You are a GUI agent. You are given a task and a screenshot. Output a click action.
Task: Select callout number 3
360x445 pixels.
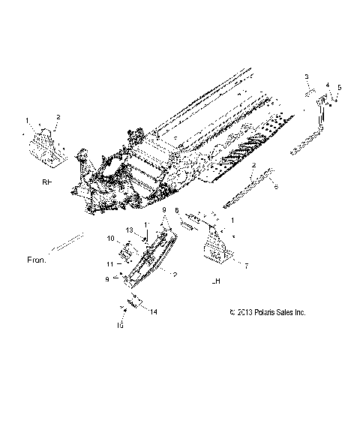tap(306, 77)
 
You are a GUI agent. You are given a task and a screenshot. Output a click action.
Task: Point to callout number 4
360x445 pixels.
tap(327, 85)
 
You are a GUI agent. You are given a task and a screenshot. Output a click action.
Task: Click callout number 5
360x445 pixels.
tap(339, 88)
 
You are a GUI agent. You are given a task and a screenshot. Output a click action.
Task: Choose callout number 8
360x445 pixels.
tap(177, 211)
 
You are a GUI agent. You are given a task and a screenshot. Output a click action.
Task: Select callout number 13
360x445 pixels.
tap(128, 230)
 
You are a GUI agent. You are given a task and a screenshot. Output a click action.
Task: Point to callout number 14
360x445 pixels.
tap(154, 310)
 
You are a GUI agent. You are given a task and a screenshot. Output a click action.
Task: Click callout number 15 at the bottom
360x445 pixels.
tap(118, 326)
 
